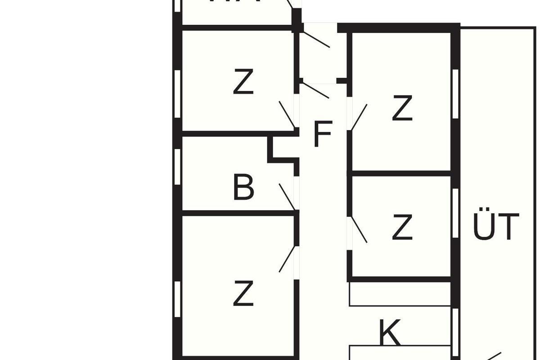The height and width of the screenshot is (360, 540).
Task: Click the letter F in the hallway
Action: tap(322, 134)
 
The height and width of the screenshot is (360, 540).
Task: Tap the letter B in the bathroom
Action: tap(243, 188)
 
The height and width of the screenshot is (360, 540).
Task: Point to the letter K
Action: tap(390, 333)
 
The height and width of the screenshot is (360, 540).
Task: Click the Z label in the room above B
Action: tap(243, 82)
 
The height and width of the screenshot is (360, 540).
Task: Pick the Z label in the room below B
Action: tap(243, 293)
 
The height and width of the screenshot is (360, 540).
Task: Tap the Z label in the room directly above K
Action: tap(402, 228)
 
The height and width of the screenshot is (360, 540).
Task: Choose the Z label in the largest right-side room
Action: tap(402, 108)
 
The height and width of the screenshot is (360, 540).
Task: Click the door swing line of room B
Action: tap(287, 197)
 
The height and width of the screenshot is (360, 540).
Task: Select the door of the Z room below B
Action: tap(287, 259)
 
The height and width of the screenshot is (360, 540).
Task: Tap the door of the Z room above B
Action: tap(287, 114)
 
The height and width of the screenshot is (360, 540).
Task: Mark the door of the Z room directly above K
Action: tap(359, 230)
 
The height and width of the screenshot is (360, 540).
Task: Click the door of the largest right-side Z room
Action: tap(359, 117)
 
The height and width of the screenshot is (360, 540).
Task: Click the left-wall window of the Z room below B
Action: tap(177, 299)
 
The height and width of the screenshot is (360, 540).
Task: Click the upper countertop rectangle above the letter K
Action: tap(400, 294)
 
